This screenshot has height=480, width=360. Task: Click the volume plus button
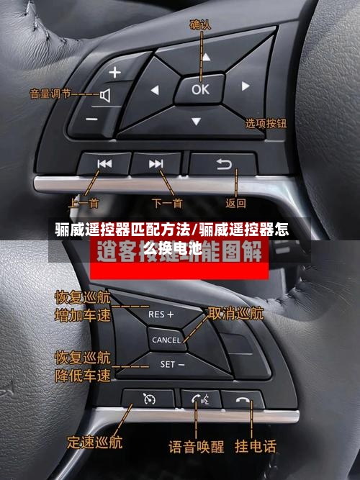tap(116, 72)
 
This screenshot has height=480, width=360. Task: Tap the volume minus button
tap(91, 118)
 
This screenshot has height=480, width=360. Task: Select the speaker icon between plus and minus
tap(105, 95)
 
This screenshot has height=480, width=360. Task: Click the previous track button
tap(104, 164)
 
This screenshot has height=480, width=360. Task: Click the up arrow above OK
tap(205, 56)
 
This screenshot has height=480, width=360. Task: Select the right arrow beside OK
tap(246, 86)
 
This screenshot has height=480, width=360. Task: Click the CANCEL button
tap(166, 339)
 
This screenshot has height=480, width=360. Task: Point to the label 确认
tap(200, 24)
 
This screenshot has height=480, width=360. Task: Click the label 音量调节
tap(50, 93)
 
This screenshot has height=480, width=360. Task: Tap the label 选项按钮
tap(266, 123)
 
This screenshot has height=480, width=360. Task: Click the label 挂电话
tap(255, 446)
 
